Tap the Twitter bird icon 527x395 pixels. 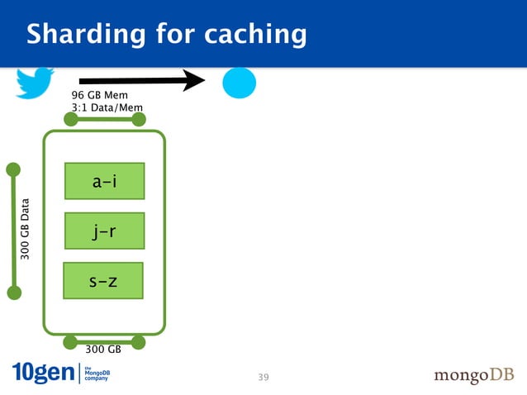click(35, 82)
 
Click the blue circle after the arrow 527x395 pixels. click(239, 83)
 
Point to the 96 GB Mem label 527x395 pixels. click(99, 96)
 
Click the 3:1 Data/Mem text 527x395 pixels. click(107, 107)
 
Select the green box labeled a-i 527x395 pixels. click(104, 181)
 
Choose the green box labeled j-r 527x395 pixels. click(104, 231)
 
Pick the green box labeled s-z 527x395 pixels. click(103, 281)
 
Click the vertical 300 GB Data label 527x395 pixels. click(26, 230)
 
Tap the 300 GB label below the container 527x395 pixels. click(103, 350)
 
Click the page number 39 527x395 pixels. click(263, 378)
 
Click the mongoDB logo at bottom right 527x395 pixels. click(473, 375)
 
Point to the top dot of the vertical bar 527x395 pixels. click(13, 169)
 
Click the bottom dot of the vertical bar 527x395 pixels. click(13, 292)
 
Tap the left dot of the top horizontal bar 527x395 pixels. click(71, 120)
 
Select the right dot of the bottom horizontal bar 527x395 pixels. click(138, 342)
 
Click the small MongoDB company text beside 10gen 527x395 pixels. click(97, 373)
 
